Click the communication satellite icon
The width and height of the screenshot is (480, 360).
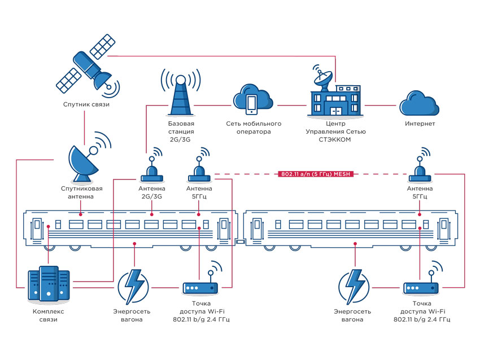[87, 64]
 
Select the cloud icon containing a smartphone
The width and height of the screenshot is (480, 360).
[253, 99]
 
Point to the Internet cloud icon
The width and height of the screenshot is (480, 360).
[419, 103]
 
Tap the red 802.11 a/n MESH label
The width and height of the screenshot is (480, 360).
[316, 174]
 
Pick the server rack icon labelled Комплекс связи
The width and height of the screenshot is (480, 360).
[49, 283]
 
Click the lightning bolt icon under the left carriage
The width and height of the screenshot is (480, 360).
[133, 287]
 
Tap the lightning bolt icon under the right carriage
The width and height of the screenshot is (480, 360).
[354, 287]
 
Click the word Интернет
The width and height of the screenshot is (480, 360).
[420, 124]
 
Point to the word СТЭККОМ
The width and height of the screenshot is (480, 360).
[335, 139]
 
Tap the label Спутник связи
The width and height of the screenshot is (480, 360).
[86, 104]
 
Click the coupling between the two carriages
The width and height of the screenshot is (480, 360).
[241, 242]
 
